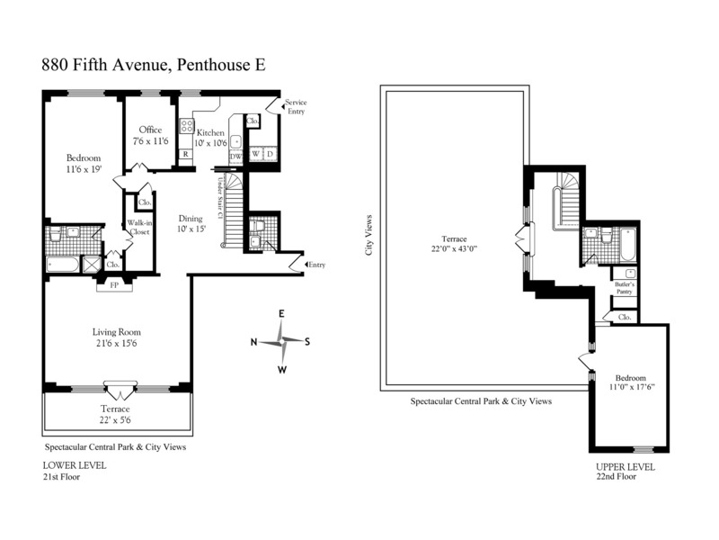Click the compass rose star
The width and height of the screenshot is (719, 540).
[282, 341]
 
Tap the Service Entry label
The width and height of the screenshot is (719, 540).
[296, 106]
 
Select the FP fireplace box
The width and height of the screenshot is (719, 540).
[114, 285]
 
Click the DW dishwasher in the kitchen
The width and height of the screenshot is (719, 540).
[235, 157]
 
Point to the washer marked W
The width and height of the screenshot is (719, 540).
[255, 154]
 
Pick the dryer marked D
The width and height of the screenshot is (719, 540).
[271, 154]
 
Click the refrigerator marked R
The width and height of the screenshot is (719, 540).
[186, 154]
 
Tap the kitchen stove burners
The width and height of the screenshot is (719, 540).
[187, 126]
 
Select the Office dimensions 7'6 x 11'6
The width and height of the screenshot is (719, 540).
[150, 141]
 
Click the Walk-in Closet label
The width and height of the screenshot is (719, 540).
[139, 228]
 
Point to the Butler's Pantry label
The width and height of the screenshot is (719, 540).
[625, 288]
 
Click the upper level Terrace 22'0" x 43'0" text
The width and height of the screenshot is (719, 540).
[454, 244]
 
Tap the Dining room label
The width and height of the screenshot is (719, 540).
[191, 219]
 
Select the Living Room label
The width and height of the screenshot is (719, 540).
[117, 332]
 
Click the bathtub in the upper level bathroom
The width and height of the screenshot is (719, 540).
[627, 245]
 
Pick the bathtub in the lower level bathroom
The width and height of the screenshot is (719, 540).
[62, 265]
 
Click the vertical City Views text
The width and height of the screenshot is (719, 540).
[368, 235]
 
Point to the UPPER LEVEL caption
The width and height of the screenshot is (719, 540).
[626, 467]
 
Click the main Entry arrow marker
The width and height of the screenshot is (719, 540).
[306, 265]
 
